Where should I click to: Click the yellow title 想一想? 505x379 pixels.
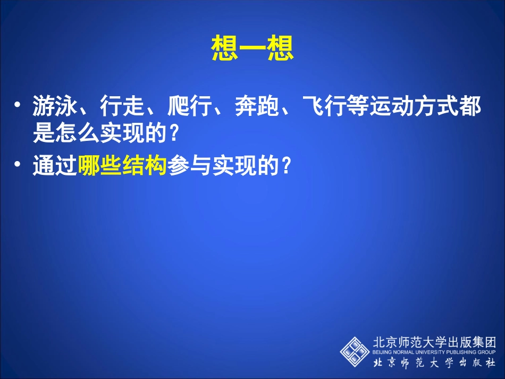(x=252, y=49)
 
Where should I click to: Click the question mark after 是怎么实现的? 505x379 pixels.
(x=171, y=134)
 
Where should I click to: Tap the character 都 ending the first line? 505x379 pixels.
(x=471, y=108)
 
